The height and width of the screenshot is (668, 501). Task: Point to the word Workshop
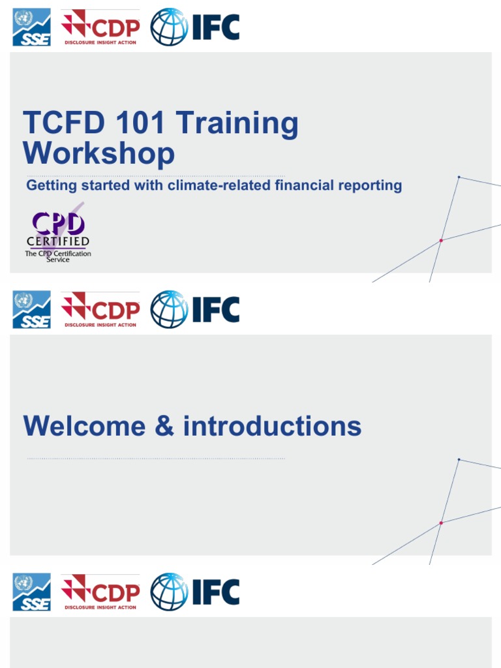click(x=99, y=154)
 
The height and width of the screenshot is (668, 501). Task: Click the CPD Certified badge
click(x=58, y=235)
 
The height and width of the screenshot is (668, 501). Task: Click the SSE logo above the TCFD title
click(x=31, y=27)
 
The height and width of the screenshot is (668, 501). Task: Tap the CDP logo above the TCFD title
click(x=100, y=27)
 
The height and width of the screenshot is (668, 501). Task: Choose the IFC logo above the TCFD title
click(x=195, y=27)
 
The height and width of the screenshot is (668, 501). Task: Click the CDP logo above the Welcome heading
click(x=100, y=309)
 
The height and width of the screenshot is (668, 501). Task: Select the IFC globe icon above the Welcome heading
click(x=169, y=309)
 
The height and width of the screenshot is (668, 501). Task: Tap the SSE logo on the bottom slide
click(x=31, y=592)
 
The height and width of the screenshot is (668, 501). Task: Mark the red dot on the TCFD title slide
click(x=441, y=241)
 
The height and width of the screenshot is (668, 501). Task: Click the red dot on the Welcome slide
click(x=441, y=523)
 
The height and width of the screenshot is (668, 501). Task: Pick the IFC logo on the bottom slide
click(x=195, y=592)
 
